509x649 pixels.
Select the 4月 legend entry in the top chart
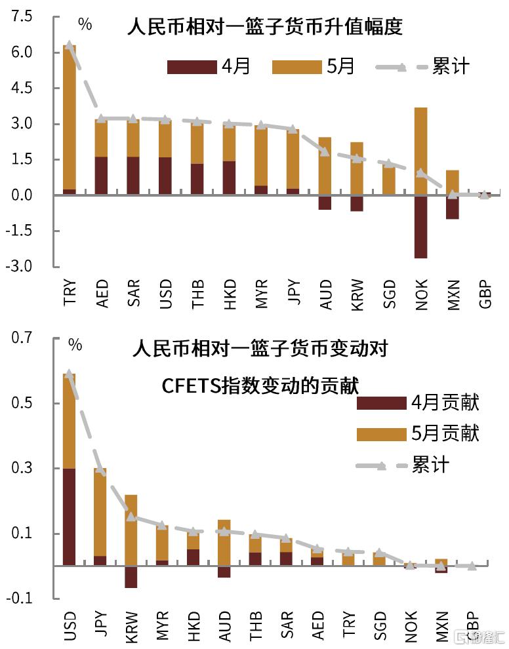(x=210, y=66)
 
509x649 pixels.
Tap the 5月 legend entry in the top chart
(x=313, y=66)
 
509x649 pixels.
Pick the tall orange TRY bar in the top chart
(x=69, y=118)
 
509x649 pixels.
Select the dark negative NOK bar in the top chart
(x=420, y=226)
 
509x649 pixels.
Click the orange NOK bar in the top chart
(x=420, y=151)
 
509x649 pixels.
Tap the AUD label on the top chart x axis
(x=324, y=294)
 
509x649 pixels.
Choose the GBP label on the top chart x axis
(x=485, y=294)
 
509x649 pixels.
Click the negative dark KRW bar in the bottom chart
(x=131, y=576)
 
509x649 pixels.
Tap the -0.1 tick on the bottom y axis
(x=20, y=598)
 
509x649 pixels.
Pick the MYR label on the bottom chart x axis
(x=163, y=627)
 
